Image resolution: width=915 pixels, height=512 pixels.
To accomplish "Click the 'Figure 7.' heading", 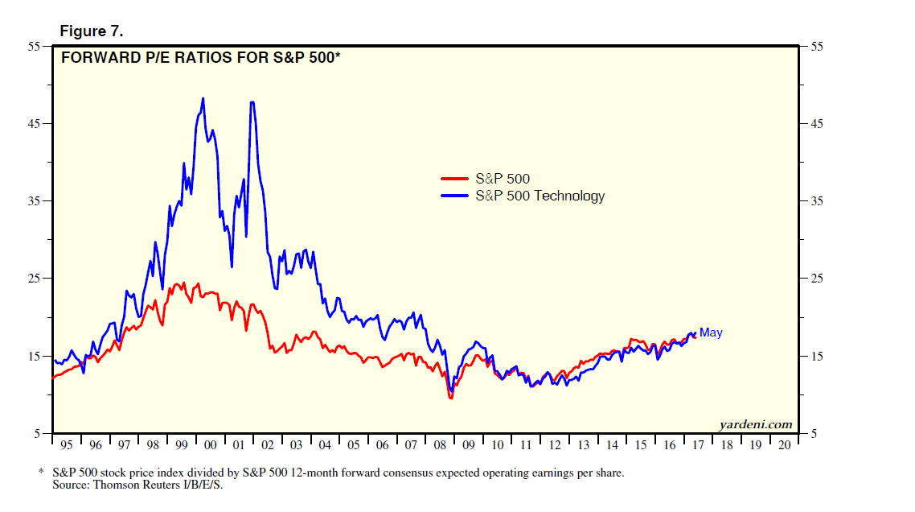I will tap(91, 31).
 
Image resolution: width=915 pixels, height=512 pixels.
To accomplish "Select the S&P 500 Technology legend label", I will tap(540, 196).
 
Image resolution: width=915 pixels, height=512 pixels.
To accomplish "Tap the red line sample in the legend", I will tap(455, 179).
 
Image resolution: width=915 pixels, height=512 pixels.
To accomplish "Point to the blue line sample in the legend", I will tap(455, 196).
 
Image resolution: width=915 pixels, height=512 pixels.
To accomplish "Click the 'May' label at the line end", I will tap(711, 332).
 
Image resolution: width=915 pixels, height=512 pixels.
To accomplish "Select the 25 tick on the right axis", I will tap(816, 279).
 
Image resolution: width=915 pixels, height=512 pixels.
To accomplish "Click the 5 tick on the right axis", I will tap(813, 434).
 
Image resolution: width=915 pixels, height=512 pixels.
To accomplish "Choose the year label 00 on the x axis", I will tap(211, 445).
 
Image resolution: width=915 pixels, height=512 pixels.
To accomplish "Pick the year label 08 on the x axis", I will tap(440, 445).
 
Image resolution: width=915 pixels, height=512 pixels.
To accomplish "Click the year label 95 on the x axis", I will tap(68, 445).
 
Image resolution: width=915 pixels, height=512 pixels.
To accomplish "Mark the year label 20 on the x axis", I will tap(784, 445).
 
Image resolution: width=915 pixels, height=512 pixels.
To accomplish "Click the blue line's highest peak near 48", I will tap(203, 98).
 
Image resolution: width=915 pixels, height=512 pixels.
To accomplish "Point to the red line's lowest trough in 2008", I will tap(451, 398).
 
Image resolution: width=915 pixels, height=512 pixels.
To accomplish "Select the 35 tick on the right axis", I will tap(816, 201).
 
